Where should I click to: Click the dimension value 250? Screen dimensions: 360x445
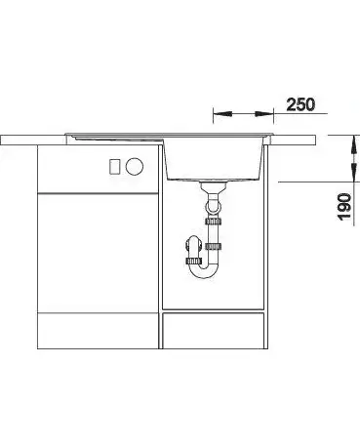300,104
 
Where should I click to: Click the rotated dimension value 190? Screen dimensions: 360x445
344,207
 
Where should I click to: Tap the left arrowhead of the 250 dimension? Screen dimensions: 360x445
222,114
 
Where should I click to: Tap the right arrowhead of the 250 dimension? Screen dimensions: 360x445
264,114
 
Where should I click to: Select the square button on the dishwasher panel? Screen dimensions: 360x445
115,167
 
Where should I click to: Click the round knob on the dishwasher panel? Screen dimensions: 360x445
135,167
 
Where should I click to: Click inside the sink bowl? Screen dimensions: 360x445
214,158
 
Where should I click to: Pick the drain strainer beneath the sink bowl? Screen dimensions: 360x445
214,186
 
